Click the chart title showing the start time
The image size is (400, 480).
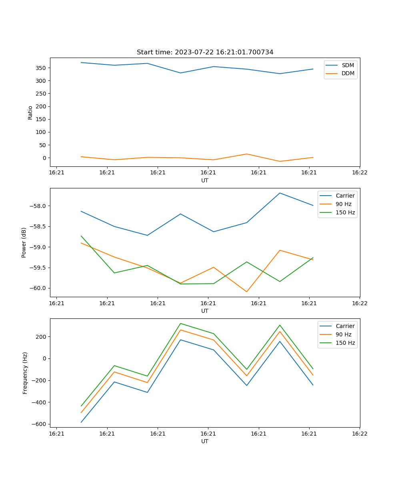pos(205,52)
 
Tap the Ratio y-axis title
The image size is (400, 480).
pos(30,112)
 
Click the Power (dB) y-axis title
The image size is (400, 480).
pos(24,242)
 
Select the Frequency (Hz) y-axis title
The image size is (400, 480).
pos(25,373)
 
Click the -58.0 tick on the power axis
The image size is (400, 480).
pos(38,206)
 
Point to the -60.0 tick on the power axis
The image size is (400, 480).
pos(38,288)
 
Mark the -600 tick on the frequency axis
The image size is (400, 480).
pos(40,424)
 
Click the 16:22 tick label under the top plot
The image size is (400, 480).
pos(359,173)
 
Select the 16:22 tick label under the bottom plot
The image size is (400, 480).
pos(359,434)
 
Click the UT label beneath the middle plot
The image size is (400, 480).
pos(205,311)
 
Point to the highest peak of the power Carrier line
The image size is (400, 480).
pos(280,193)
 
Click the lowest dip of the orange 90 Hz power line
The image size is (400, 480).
pos(246,292)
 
